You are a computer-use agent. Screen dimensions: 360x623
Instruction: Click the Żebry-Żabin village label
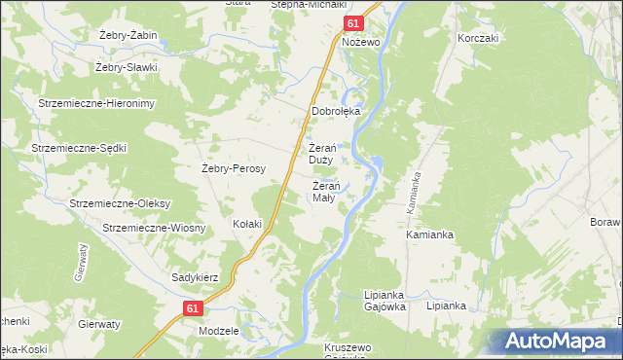pos(128,36)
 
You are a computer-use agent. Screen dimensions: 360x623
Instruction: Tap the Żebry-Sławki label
pos(126,68)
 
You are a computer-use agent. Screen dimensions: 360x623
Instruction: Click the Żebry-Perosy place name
pos(234,167)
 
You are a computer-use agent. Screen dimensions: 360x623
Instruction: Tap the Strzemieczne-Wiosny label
pos(153,228)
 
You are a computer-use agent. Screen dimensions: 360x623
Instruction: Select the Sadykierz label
pos(195,277)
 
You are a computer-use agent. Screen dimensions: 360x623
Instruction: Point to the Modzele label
pos(218,331)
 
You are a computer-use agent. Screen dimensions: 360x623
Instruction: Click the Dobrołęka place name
pos(336,111)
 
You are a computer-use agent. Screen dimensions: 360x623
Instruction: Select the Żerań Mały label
pos(324,192)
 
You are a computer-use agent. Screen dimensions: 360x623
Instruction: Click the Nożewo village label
pos(359,43)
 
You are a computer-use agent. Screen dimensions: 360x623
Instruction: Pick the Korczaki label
pos(478,38)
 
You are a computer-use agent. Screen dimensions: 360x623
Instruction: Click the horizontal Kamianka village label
pos(430,235)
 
